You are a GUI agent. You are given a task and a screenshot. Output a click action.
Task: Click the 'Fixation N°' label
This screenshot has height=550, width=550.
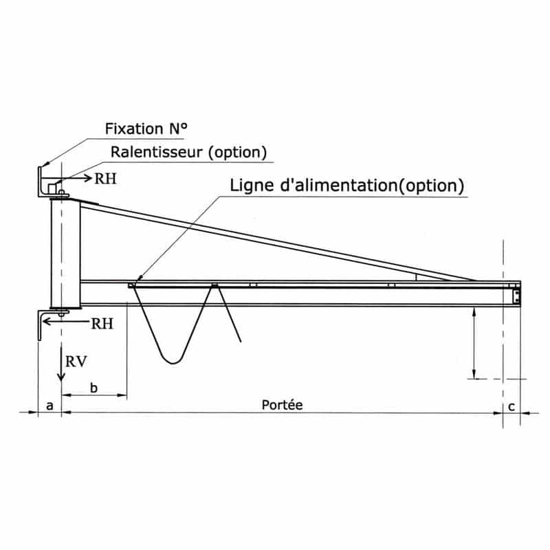(x=146, y=129)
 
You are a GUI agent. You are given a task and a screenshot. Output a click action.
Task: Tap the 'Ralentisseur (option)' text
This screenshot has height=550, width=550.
(x=188, y=152)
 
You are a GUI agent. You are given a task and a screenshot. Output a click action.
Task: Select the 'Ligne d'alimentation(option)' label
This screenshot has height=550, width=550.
(x=347, y=185)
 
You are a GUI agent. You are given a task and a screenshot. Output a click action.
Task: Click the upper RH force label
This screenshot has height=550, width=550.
(x=105, y=179)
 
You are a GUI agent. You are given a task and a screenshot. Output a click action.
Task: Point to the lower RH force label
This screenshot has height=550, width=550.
(x=102, y=324)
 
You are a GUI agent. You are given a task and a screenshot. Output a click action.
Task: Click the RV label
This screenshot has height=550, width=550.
(x=76, y=362)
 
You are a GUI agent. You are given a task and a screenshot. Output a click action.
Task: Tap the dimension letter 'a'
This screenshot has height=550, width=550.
(x=49, y=406)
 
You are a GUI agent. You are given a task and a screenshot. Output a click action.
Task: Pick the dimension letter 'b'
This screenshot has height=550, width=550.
(x=93, y=388)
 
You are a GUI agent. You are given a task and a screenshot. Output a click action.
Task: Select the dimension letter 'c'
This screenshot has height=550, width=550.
(x=511, y=406)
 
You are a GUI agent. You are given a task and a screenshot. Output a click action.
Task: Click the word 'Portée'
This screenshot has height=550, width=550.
(x=282, y=405)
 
